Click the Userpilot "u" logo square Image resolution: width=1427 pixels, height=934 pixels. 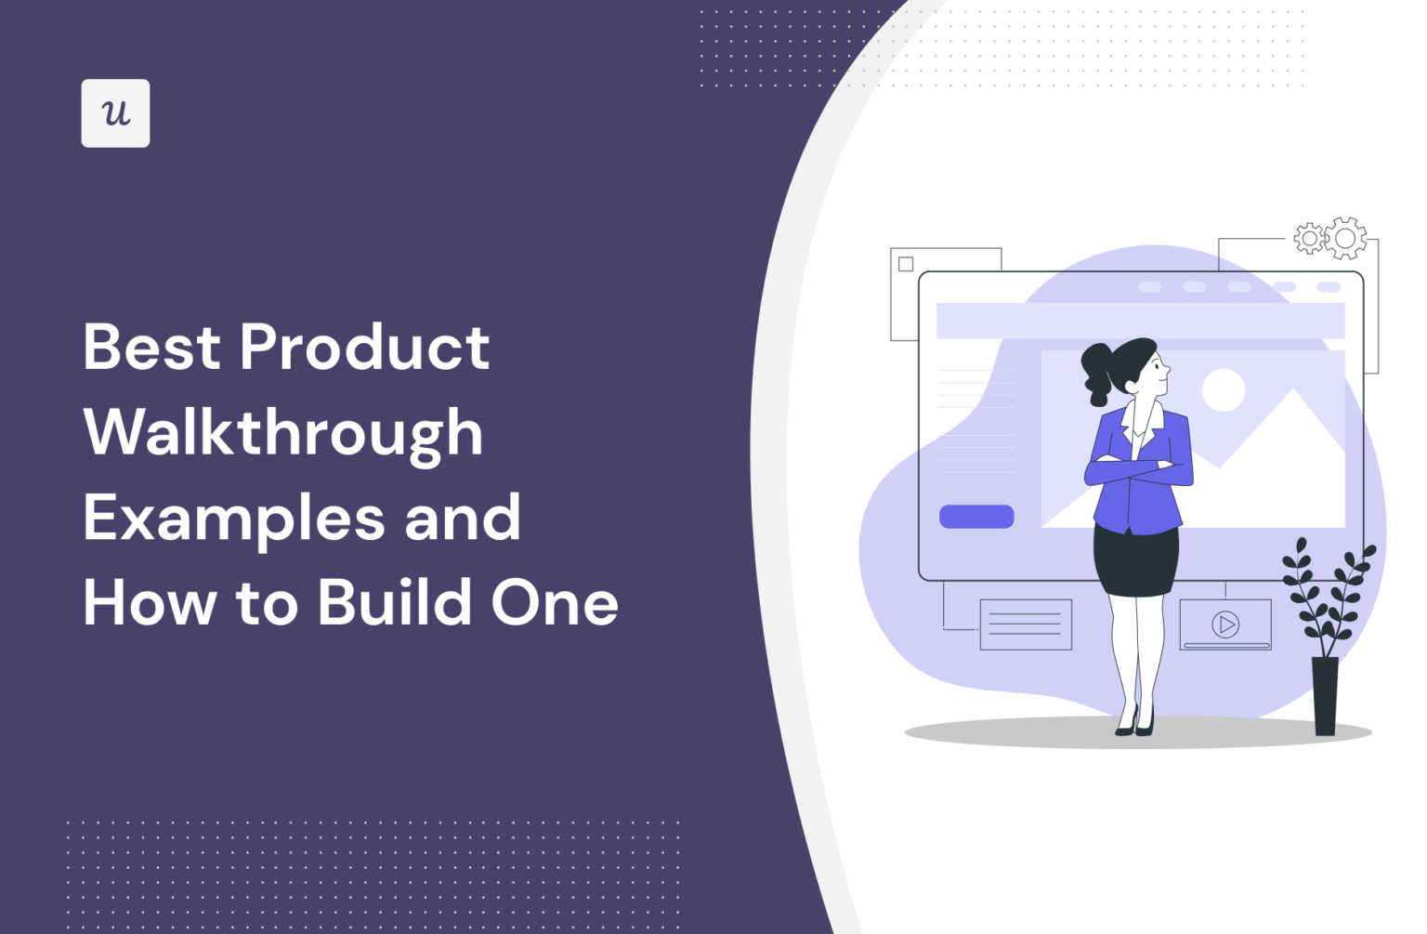(x=115, y=113)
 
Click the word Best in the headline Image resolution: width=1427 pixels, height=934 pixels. (x=151, y=348)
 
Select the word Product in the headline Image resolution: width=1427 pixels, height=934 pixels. (x=364, y=348)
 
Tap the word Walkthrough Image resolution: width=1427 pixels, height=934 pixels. (x=283, y=433)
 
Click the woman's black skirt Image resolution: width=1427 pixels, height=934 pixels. (x=1135, y=559)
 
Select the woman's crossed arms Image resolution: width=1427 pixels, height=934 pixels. (x=1138, y=470)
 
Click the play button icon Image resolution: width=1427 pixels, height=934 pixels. (x=1225, y=625)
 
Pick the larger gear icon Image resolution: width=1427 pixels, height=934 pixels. (x=1345, y=239)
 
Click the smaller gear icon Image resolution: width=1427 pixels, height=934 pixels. (x=1310, y=239)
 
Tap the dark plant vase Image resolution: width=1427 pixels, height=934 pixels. (x=1325, y=695)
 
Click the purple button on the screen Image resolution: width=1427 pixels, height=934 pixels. (x=976, y=517)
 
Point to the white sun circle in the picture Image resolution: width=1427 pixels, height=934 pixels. (x=1224, y=389)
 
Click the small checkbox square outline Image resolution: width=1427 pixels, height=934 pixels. (x=906, y=264)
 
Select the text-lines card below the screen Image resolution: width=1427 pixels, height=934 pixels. (x=1026, y=625)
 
